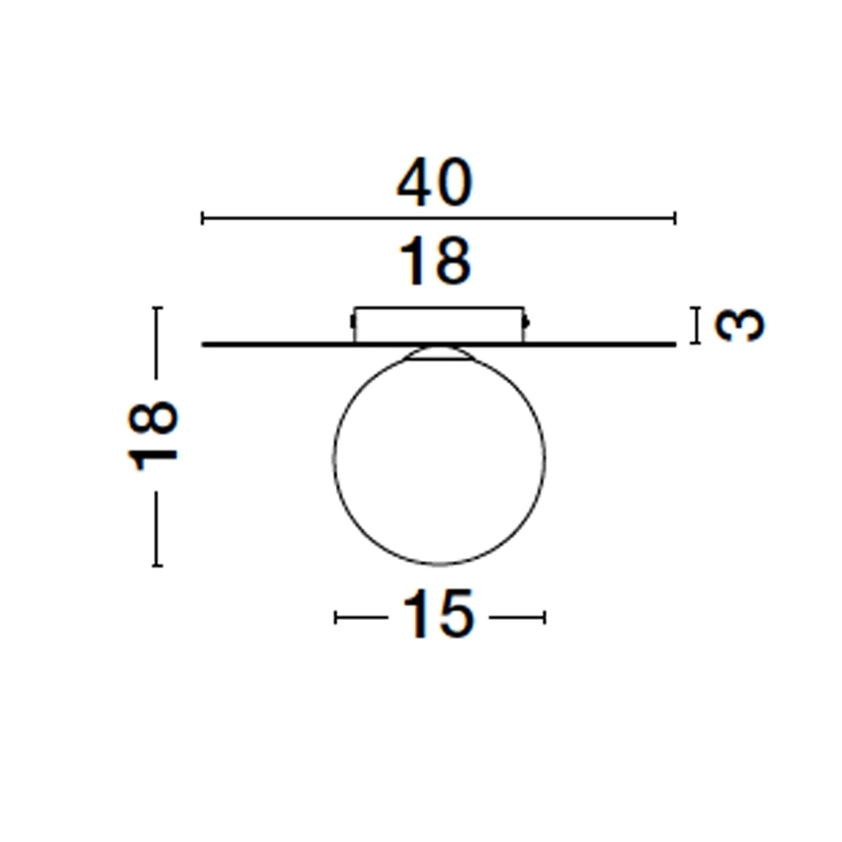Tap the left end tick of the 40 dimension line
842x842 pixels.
tap(203, 219)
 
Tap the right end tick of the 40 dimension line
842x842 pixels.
tap(674, 219)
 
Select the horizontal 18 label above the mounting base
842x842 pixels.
tap(435, 262)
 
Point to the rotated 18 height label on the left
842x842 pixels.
tap(154, 435)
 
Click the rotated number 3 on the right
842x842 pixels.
tap(740, 325)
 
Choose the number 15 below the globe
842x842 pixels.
tap(439, 615)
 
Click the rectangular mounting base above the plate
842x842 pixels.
tap(439, 325)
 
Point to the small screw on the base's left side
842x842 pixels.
tap(351, 321)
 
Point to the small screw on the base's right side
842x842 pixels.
tap(527, 321)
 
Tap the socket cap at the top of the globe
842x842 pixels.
tap(439, 353)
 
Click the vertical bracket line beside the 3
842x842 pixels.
tap(696, 326)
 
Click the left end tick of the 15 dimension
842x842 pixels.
tap(336, 618)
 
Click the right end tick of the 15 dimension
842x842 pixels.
tap(545, 618)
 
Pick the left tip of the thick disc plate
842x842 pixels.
tap(204, 344)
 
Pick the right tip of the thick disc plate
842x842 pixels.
tap(674, 344)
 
